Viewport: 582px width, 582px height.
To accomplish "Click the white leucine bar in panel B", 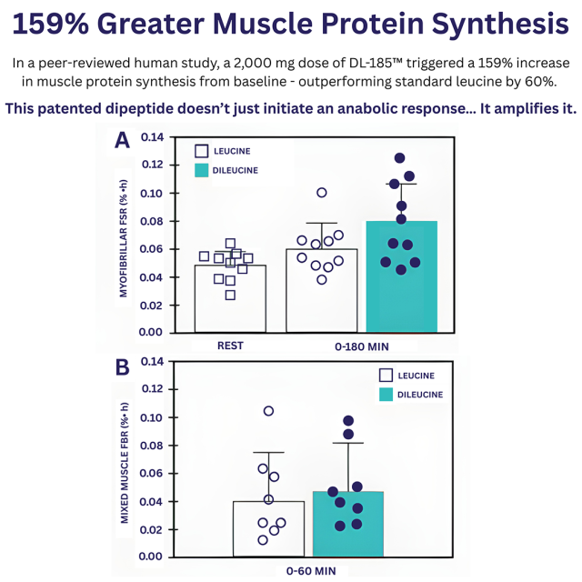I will coord(268,537).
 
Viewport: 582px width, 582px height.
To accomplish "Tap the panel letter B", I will coord(122,367).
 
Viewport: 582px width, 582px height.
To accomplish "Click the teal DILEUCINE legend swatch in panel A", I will coord(202,169).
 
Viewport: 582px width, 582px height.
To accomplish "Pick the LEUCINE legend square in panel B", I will coord(386,375).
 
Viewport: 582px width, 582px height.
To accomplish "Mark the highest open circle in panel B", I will coord(268,411).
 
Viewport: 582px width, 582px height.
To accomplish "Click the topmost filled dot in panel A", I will coord(399,158).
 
